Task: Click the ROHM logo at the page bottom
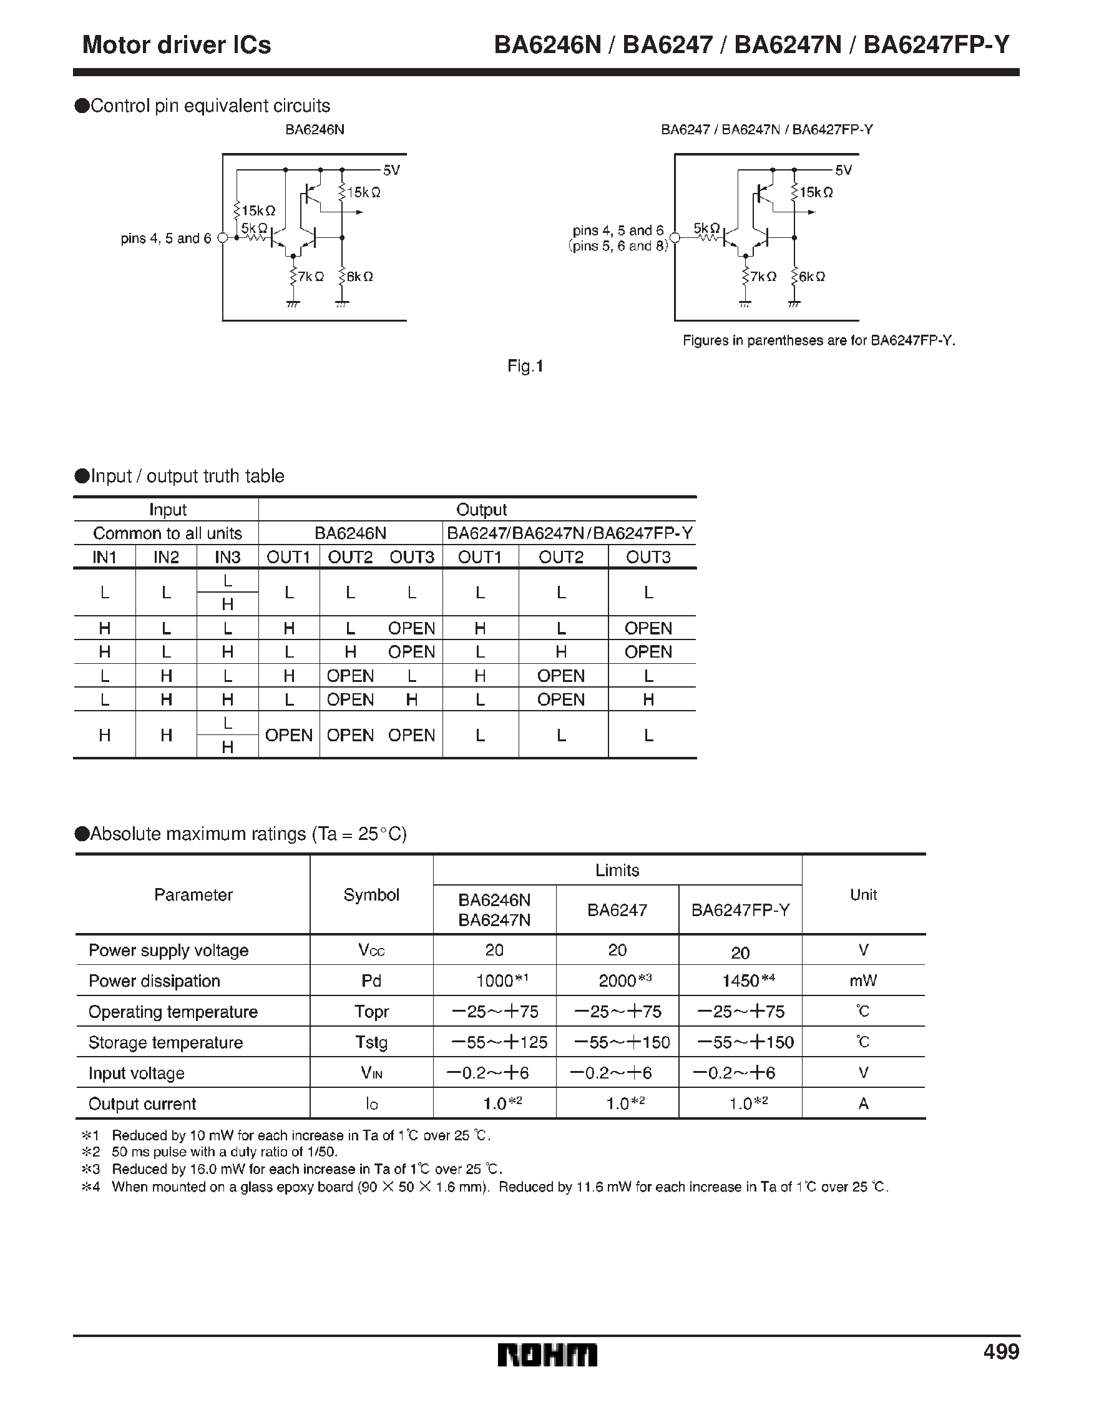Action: click(x=547, y=1355)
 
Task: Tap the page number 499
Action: click(x=1000, y=1351)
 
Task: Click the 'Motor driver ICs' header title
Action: click(x=177, y=44)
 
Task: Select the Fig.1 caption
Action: click(x=525, y=366)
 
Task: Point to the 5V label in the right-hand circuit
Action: click(x=844, y=170)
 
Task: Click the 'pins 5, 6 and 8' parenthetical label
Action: click(x=619, y=245)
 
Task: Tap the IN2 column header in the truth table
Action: click(x=165, y=556)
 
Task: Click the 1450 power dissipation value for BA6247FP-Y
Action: click(x=741, y=980)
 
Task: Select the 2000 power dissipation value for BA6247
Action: click(x=617, y=980)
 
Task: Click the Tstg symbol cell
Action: click(x=371, y=1042)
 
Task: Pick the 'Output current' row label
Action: click(x=142, y=1103)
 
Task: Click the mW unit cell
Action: click(x=863, y=980)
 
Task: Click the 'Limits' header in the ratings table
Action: click(x=617, y=871)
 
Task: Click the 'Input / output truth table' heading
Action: click(x=187, y=476)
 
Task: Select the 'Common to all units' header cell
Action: click(x=167, y=533)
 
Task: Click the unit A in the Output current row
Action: click(x=863, y=1103)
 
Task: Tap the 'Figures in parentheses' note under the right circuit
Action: click(x=818, y=340)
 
